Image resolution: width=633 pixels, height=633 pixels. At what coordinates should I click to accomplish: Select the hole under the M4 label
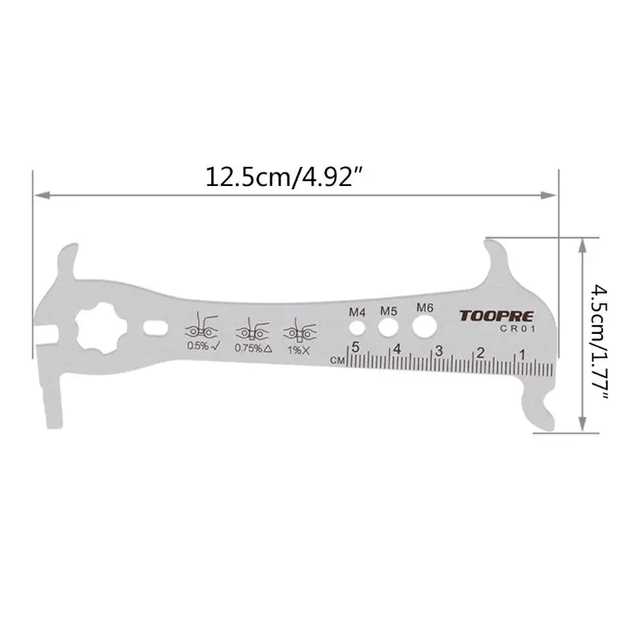click(358, 326)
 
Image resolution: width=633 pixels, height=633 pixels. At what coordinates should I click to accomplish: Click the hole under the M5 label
click(388, 326)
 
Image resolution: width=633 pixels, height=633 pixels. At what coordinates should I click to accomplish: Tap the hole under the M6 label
click(423, 325)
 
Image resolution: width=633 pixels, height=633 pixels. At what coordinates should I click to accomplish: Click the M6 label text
click(424, 307)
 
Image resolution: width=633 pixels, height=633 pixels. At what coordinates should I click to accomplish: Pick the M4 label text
click(357, 310)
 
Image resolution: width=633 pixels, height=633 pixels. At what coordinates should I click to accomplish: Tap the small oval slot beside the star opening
click(154, 326)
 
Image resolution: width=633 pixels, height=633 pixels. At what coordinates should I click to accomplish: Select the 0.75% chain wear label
click(253, 347)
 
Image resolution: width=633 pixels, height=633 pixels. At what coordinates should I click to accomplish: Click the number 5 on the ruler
click(355, 347)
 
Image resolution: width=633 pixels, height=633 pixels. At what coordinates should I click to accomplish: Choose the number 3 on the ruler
click(438, 350)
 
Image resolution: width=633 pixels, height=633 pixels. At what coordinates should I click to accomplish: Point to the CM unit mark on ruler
click(337, 360)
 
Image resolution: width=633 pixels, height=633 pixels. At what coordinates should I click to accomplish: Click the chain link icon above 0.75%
click(251, 327)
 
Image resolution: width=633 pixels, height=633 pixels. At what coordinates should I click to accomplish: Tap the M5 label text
click(388, 310)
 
